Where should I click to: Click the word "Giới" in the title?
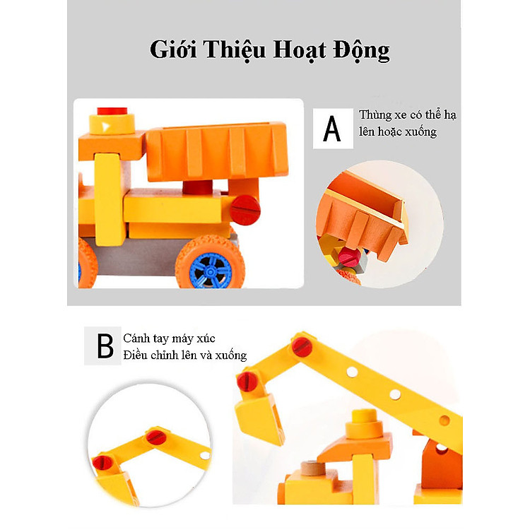pyautogui.click(x=173, y=49)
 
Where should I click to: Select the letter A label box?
pyautogui.click(x=333, y=129)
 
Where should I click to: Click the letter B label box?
pyautogui.click(x=102, y=346)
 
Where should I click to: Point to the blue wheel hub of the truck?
pyautogui.click(x=211, y=271)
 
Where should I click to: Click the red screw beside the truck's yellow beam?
pyautogui.click(x=245, y=210)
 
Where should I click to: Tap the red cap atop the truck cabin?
pyautogui.click(x=112, y=111)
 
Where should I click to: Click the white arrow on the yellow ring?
pyautogui.click(x=106, y=127)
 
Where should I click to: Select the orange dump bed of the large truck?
pyautogui.click(x=217, y=151)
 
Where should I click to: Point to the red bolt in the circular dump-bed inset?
pyautogui.click(x=350, y=257)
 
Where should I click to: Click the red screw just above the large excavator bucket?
pyautogui.click(x=247, y=382)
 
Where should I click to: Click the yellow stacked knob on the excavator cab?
pyautogui.click(x=364, y=423)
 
